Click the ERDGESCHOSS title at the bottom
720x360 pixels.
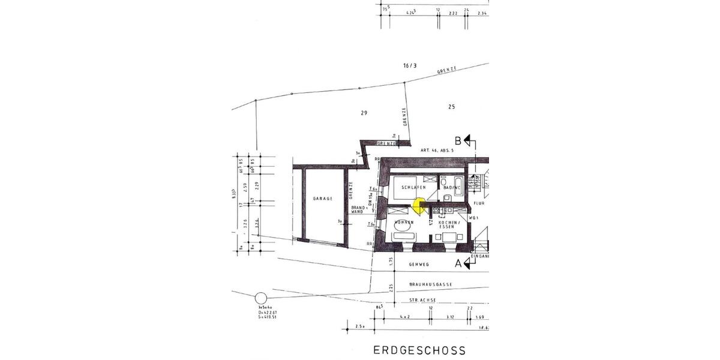(x=419, y=350)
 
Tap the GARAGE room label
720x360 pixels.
(x=322, y=197)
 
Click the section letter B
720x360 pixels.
(x=458, y=140)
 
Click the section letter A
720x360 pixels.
(x=458, y=263)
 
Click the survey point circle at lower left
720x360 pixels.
(x=260, y=298)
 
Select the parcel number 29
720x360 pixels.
(x=364, y=113)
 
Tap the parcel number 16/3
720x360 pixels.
(x=410, y=64)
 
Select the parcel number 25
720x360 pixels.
(x=451, y=107)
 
